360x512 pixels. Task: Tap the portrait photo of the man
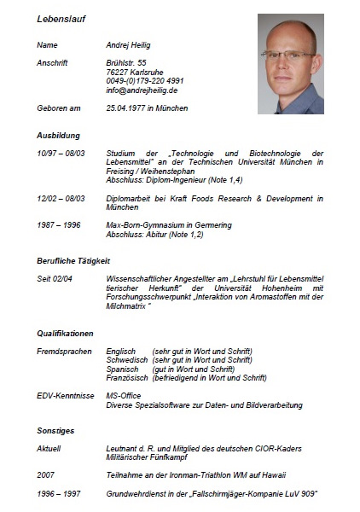coord(290,63)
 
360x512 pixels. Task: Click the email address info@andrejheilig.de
coord(141,89)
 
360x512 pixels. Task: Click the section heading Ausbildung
coord(58,136)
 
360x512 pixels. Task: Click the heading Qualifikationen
coord(65,332)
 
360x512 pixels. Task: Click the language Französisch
coord(126,377)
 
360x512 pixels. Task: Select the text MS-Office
coord(125,396)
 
